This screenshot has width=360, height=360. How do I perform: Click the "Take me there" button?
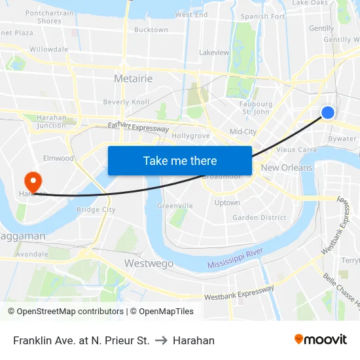point(180,160)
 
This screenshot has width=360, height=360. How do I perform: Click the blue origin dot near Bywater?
point(328,113)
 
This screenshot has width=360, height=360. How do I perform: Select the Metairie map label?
point(133,79)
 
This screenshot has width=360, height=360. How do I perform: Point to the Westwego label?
point(149,263)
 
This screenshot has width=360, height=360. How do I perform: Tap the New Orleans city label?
point(287,168)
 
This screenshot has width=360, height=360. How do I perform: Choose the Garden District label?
point(259,217)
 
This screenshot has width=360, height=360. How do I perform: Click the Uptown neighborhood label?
point(227,203)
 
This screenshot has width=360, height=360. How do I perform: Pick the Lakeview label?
point(214,52)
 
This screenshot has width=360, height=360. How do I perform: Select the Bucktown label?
point(151,30)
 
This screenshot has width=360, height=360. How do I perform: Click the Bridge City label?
point(96,209)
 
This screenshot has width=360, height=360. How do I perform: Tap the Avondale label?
point(32,253)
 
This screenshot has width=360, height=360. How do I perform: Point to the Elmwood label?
point(58,158)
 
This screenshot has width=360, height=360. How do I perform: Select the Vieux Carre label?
point(297,149)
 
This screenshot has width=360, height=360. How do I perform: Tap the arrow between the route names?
point(161,340)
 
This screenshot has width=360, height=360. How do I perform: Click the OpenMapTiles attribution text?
point(162,312)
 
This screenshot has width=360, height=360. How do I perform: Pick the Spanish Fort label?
point(263,16)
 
